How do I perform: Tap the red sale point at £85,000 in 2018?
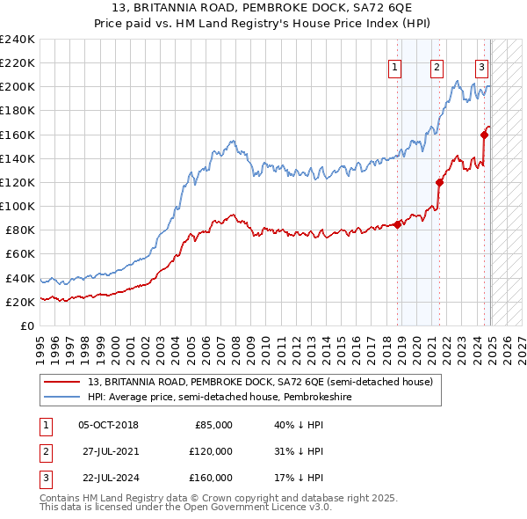coord(398,224)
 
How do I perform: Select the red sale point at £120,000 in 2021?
coord(439,182)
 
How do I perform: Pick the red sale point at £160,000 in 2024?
coord(484,135)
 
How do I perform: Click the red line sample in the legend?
coord(63,383)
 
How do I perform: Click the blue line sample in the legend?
coord(63,397)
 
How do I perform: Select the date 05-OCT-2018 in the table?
coord(108,425)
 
